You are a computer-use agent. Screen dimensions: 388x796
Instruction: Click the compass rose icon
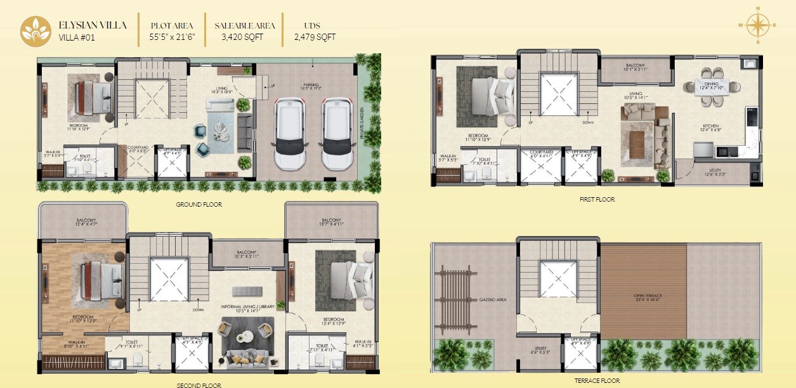coord(757,25)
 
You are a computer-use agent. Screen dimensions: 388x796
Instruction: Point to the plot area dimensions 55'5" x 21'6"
coord(172,37)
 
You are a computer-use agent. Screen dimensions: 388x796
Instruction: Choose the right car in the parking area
coord(337,134)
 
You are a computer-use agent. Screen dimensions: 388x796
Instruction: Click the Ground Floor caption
coord(199,205)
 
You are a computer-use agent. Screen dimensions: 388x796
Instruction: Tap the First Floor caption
coord(597,199)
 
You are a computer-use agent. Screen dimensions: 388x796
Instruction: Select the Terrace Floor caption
coord(596,381)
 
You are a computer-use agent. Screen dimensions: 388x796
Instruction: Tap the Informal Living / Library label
coord(247,307)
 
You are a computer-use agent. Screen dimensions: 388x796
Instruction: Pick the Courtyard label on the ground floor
coord(138,149)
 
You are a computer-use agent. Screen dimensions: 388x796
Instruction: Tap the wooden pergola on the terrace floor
coord(455,298)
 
